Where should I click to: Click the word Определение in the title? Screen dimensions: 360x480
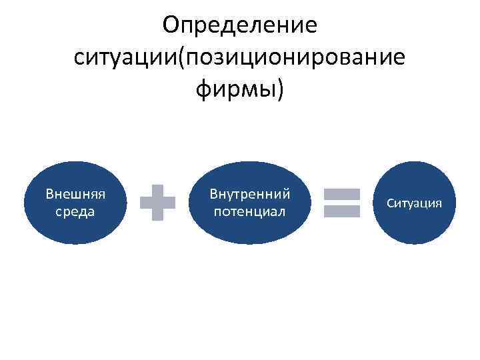tap(240, 27)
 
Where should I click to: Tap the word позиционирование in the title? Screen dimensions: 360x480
tap(296, 57)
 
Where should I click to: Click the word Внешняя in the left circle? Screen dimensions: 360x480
tap(75, 195)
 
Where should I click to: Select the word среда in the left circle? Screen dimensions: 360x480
tap(75, 212)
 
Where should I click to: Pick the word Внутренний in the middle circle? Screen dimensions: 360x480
tap(249, 195)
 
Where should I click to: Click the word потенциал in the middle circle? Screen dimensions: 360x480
tap(249, 212)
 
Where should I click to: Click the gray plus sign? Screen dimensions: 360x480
tap(158, 203)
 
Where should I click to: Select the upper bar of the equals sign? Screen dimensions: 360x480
tap(341, 194)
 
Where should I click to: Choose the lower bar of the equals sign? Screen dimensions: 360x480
tap(341, 211)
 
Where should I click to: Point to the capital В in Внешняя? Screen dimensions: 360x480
tap(49, 195)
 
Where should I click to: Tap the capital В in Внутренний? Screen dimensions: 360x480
tap(213, 195)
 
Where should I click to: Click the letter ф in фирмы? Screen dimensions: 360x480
tap(203, 89)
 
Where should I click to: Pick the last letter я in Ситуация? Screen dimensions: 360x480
tap(439, 203)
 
